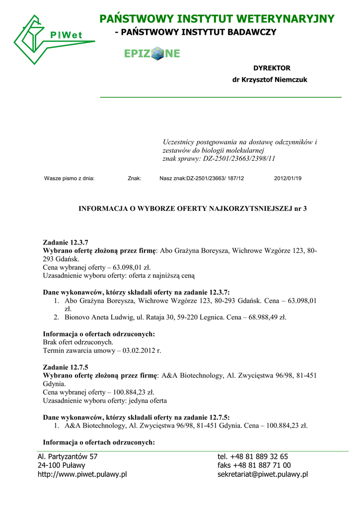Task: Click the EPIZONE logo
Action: (152, 54)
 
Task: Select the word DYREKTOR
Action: (272, 68)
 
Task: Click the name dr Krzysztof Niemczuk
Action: (270, 80)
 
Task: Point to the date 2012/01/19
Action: (288, 178)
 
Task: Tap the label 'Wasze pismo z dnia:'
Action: (70, 178)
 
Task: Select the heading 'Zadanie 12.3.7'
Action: (66, 243)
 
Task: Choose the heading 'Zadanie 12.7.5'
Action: (66, 367)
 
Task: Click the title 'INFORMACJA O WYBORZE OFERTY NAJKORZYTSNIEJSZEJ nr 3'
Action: (193, 209)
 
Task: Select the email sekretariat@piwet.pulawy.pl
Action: (262, 474)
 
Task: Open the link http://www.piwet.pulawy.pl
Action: (82, 474)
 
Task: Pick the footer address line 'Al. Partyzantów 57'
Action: (68, 456)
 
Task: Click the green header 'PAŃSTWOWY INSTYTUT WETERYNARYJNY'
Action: (216, 19)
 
